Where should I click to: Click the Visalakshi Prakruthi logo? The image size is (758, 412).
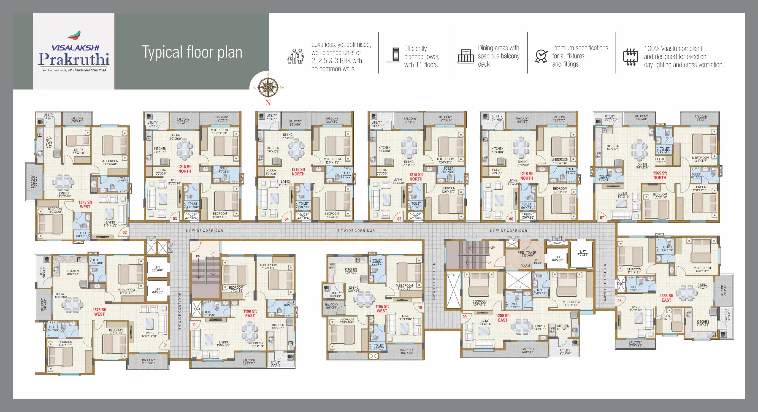[x=74, y=51]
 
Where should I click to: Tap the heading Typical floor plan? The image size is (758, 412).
[x=192, y=52]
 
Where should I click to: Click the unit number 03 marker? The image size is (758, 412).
[x=175, y=219]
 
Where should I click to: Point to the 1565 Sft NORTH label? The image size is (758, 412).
[x=660, y=175]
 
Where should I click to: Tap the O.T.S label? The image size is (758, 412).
[x=452, y=275]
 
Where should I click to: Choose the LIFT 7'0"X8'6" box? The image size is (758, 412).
[x=583, y=253]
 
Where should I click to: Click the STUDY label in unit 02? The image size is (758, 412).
[x=79, y=151]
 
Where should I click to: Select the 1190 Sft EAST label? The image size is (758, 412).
[x=250, y=313]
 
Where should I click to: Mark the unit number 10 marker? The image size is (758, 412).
[x=420, y=307]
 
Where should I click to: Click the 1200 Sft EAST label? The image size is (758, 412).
[x=503, y=318]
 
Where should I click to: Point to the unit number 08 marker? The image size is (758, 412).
[x=619, y=301]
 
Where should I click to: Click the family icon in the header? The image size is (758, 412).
[x=295, y=57]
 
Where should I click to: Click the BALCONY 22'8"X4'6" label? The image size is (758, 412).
[x=249, y=362]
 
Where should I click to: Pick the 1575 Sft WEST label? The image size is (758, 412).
[x=100, y=312]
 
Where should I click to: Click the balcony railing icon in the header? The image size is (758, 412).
[x=466, y=57]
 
